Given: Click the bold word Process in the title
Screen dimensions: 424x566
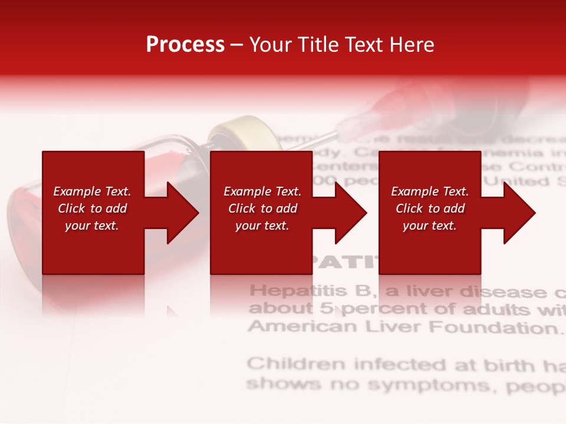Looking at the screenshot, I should [185, 45].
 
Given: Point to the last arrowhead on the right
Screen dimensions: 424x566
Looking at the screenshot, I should [518, 213].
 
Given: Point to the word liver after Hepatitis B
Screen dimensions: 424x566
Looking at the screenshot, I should [427, 291].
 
